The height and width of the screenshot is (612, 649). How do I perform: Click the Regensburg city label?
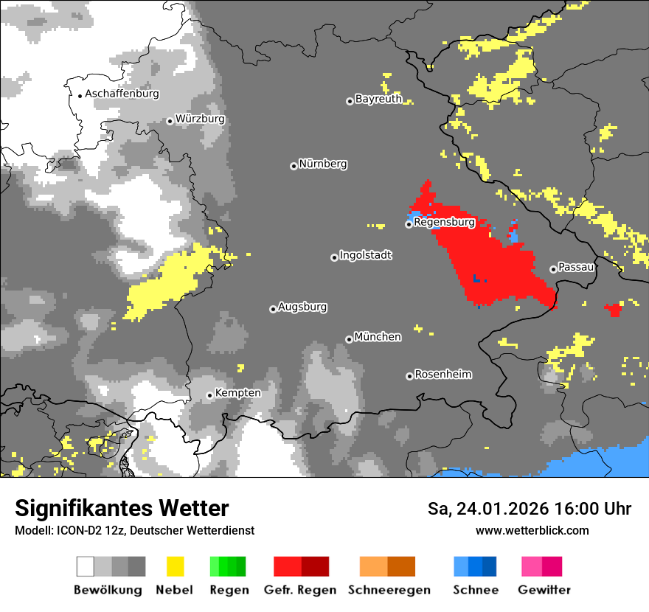pos(444,222)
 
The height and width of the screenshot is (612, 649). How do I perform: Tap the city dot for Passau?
pos(553,269)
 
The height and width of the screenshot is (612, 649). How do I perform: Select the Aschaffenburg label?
pos(122,94)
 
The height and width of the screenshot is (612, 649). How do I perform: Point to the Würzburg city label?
pos(200,119)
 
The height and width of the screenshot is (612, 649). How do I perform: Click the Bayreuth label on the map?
pos(378,99)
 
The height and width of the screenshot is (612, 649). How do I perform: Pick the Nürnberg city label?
pos(323,164)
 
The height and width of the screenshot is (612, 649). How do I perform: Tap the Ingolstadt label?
pos(366,255)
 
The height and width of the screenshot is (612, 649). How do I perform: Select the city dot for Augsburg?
pos(273,309)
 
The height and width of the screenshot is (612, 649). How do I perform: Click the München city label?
pos(378,337)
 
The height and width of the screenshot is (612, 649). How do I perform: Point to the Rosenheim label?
pos(442,375)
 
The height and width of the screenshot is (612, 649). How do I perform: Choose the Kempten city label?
pos(237,393)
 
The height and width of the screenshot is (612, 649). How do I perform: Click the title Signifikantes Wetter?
pos(122,508)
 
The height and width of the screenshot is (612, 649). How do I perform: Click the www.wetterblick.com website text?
pos(532,530)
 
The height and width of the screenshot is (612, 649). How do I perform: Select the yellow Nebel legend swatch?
pos(175,566)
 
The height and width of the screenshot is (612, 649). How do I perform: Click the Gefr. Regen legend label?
pos(299,590)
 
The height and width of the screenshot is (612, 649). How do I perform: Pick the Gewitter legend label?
pos(544,590)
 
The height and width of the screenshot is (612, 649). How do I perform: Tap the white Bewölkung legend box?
pos(86,566)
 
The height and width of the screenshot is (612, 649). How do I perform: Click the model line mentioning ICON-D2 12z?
pos(134,530)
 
